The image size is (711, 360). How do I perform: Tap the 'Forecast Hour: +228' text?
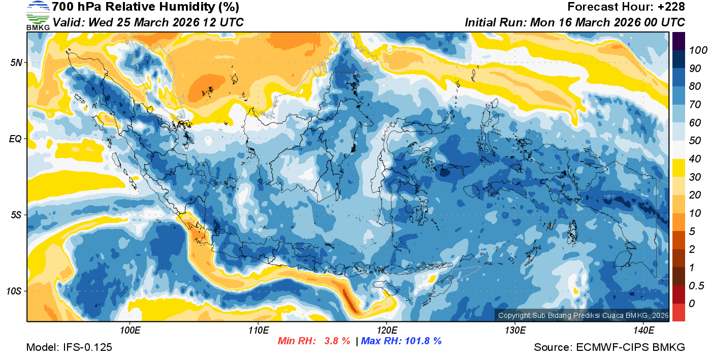[x=626, y=7]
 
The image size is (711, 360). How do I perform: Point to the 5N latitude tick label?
[x=16, y=62]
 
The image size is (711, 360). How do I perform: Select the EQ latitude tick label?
[x=16, y=139]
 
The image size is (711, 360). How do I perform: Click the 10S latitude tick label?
[x=14, y=291]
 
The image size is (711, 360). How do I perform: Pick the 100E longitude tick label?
[x=130, y=331]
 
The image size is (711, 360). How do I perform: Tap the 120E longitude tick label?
[x=386, y=331]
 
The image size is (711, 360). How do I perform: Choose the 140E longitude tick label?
[x=643, y=331]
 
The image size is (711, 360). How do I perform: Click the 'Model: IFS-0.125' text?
[x=69, y=347]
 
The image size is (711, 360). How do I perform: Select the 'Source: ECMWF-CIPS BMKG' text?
[x=609, y=347]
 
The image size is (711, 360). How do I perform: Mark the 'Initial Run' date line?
[x=575, y=22]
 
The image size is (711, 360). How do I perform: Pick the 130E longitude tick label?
[x=515, y=331]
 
